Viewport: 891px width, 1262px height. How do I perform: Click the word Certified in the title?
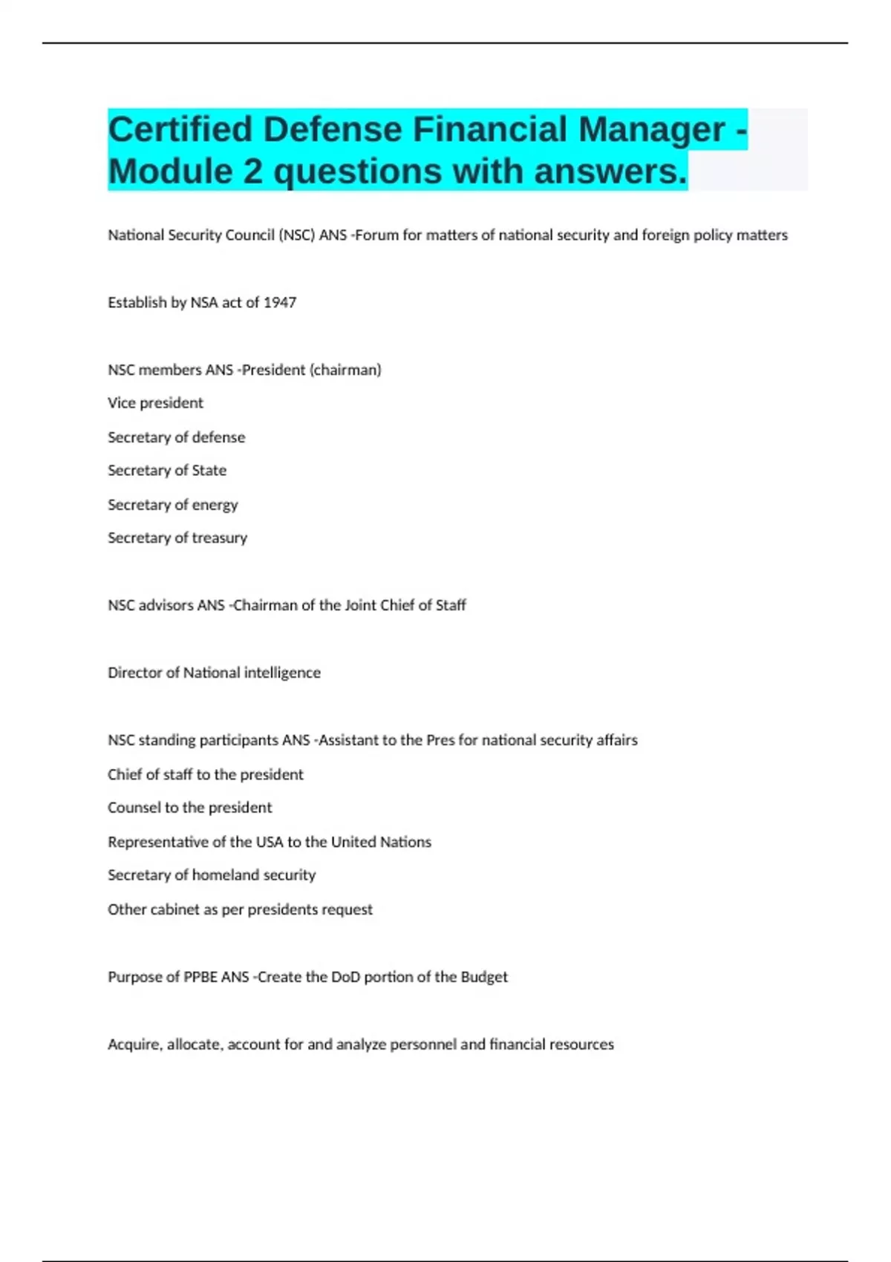pyautogui.click(x=180, y=129)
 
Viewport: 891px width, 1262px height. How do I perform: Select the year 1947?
pyautogui.click(x=280, y=302)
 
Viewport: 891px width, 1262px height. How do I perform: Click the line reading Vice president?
pyautogui.click(x=155, y=403)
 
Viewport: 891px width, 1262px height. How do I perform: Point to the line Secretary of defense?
pyautogui.click(x=176, y=437)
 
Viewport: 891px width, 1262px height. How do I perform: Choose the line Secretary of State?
pyautogui.click(x=167, y=471)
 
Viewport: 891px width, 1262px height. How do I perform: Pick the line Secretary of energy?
pyautogui.click(x=172, y=505)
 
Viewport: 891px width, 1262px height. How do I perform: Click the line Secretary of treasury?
pyautogui.click(x=177, y=538)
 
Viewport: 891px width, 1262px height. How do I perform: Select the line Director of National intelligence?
pyautogui.click(x=214, y=673)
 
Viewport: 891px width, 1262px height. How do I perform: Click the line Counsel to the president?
pyautogui.click(x=189, y=808)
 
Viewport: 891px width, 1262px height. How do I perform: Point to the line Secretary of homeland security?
pyautogui.click(x=212, y=875)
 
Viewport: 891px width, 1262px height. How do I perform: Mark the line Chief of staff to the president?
pyautogui.click(x=206, y=774)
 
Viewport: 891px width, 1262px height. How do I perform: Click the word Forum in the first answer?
pyautogui.click(x=377, y=235)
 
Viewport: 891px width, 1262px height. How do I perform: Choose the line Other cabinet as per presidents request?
pyautogui.click(x=240, y=909)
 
